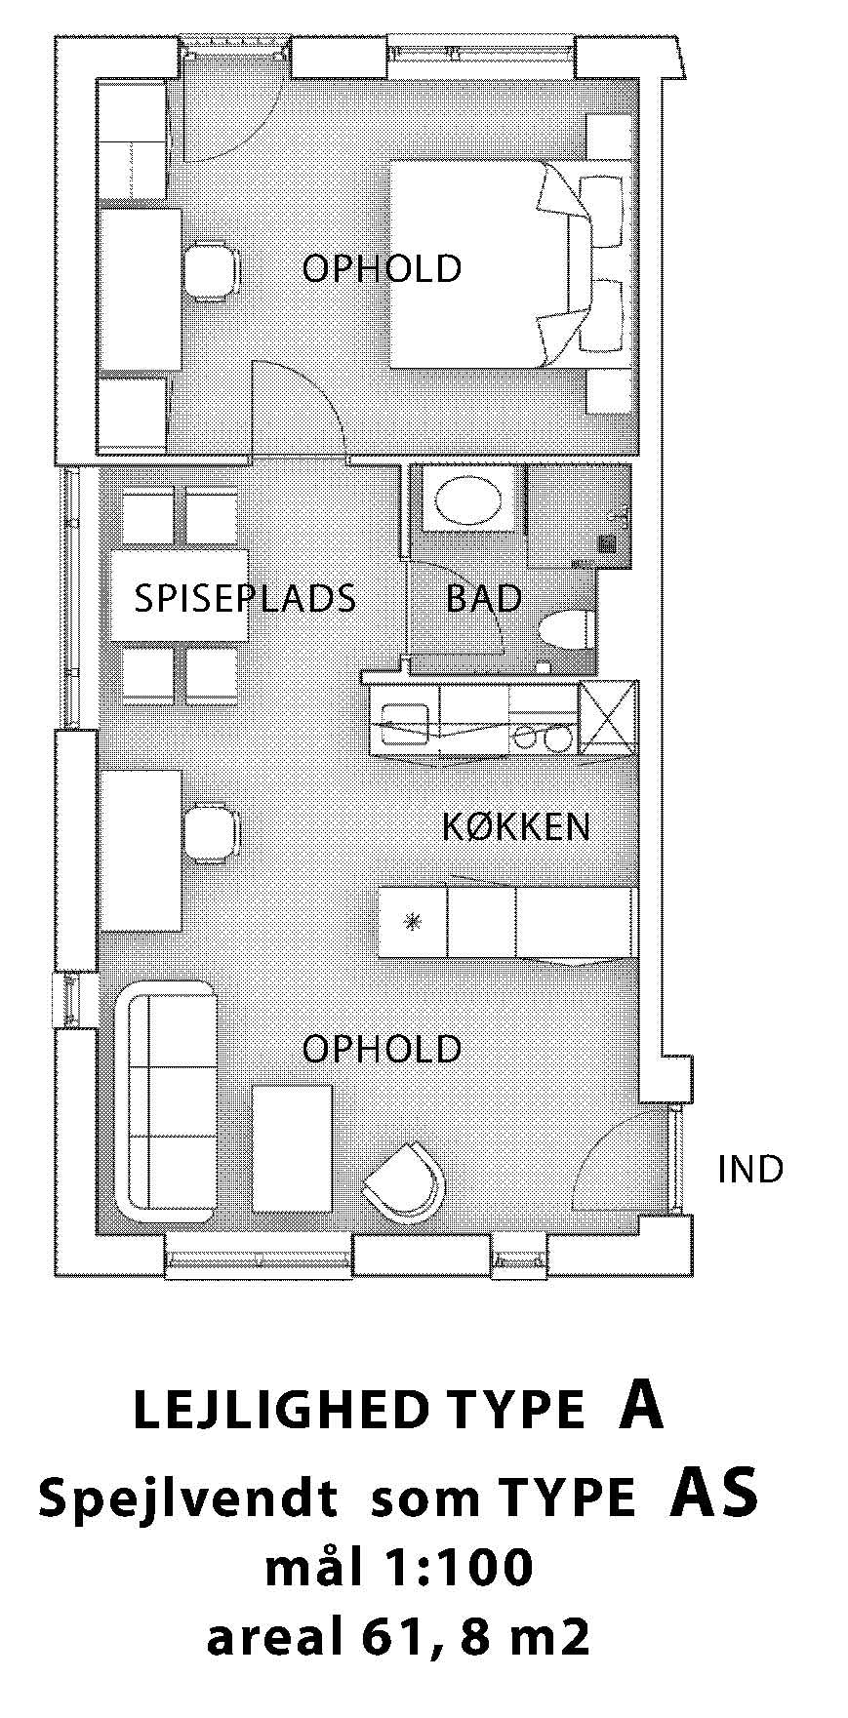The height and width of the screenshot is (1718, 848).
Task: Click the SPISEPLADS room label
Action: pyautogui.click(x=244, y=598)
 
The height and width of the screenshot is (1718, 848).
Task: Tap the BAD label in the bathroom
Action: pyautogui.click(x=484, y=598)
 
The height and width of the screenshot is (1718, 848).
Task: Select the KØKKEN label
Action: pyautogui.click(x=516, y=827)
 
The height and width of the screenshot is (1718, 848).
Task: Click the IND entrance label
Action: pyautogui.click(x=750, y=1169)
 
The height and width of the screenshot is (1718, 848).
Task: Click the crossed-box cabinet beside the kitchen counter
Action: pyautogui.click(x=607, y=718)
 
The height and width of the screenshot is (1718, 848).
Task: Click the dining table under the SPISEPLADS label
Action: pyautogui.click(x=179, y=596)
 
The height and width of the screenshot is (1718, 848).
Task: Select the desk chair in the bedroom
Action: pyautogui.click(x=213, y=270)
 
